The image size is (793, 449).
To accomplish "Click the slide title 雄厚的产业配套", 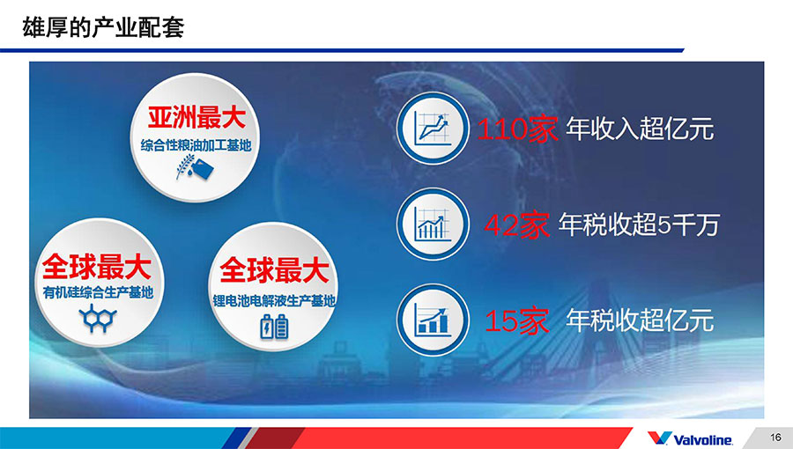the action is point(103,27).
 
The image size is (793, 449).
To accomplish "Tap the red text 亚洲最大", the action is point(196,118).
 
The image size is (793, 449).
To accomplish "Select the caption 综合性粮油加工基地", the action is point(196,145).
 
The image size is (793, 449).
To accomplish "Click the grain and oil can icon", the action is point(195,167).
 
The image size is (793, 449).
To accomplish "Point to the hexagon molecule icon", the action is point(98,318).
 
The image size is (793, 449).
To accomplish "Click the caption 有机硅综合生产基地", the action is point(98,292).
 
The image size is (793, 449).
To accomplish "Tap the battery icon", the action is point(274,327).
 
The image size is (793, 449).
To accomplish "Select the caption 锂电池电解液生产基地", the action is point(274,300).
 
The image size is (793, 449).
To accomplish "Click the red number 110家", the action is point(517,129).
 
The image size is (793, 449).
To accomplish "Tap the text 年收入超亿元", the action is point(640,129).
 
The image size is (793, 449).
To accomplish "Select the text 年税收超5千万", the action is point(639,224).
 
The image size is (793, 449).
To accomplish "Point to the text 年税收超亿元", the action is point(640,320).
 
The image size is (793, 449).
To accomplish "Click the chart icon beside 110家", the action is point(433,128).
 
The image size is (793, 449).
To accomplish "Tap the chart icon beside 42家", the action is point(433,224).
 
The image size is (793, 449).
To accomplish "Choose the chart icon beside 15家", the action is point(433,320).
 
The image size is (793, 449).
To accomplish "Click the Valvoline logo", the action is point(690,438).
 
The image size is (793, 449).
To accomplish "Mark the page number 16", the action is point(775,438).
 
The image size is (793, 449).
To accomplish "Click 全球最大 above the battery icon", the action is point(274,270).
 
